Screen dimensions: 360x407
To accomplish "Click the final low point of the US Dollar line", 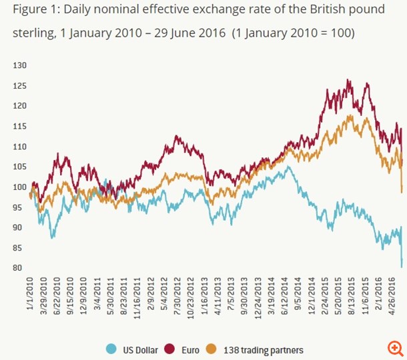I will pyautogui.click(x=402, y=267).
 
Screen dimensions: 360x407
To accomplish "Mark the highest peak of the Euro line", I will pyautogui.click(x=348, y=80).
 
